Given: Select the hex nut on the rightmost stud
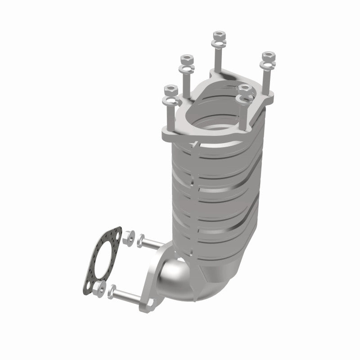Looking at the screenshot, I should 269,56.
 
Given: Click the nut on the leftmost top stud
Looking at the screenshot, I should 170,89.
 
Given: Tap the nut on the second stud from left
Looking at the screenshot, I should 185,59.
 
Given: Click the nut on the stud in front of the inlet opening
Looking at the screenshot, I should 245,88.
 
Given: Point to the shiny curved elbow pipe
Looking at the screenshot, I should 178,279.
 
